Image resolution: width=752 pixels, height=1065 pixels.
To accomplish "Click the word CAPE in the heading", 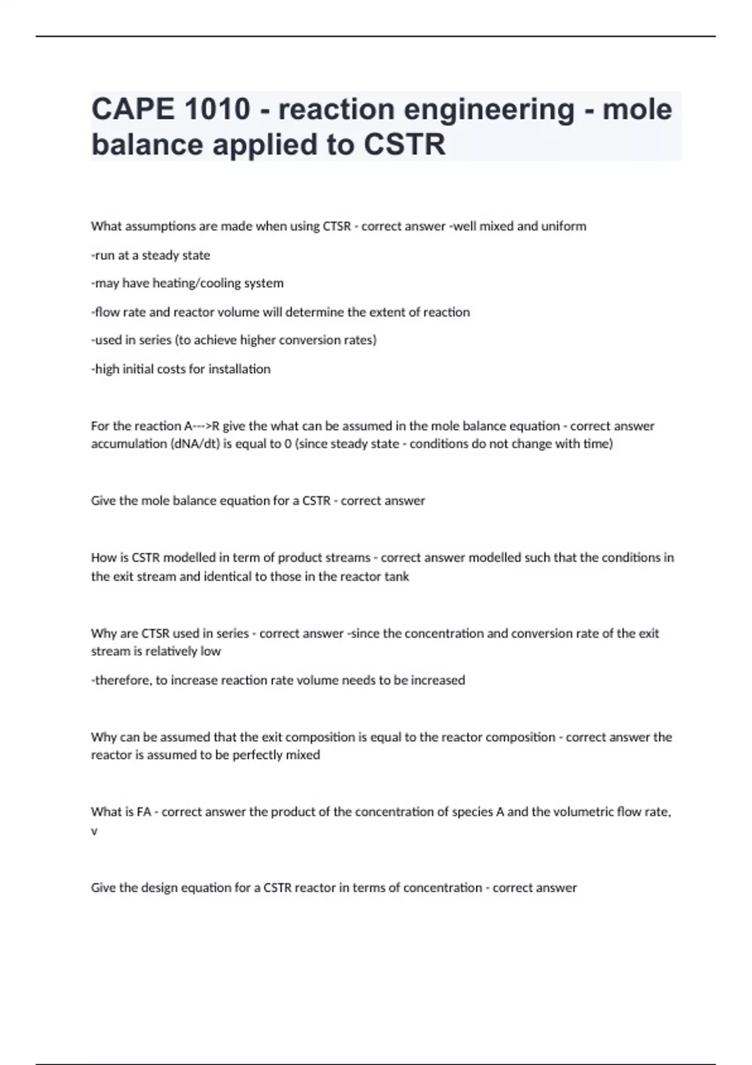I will [133, 110].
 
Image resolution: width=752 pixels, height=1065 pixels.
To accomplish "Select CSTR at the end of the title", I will [405, 145].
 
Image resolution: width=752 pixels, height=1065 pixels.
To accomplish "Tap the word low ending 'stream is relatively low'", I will [211, 652].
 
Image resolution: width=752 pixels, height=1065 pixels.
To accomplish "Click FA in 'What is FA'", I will [144, 812].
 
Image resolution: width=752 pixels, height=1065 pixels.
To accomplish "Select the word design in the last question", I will [160, 888].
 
